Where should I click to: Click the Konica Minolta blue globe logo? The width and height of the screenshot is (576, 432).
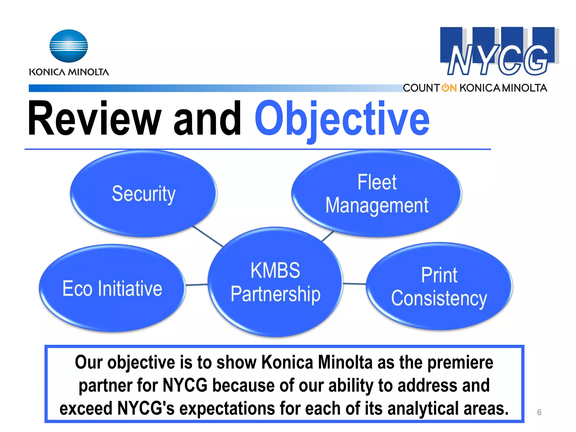pyautogui.click(x=69, y=46)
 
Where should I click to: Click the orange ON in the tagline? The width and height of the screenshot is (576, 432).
pyautogui.click(x=449, y=88)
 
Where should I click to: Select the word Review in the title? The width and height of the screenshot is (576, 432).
pyautogui.click(x=94, y=119)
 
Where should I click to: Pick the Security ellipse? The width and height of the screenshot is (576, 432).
pyautogui.click(x=143, y=193)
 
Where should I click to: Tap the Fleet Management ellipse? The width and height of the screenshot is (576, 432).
pyautogui.click(x=377, y=193)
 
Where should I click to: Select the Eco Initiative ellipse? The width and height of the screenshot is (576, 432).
pyautogui.click(x=112, y=288)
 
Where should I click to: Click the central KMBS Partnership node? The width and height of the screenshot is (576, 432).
pyautogui.click(x=275, y=282)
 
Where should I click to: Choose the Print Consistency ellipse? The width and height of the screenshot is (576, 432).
pyautogui.click(x=439, y=286)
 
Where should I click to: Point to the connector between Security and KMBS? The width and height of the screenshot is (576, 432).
pyautogui.click(x=208, y=236)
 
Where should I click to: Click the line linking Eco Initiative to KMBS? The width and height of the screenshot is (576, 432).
pyautogui.click(x=197, y=285)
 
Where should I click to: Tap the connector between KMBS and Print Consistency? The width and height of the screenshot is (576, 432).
pyautogui.click(x=354, y=284)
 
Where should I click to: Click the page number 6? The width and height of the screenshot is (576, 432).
pyautogui.click(x=539, y=412)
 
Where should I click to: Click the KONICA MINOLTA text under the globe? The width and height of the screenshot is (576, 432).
pyautogui.click(x=69, y=72)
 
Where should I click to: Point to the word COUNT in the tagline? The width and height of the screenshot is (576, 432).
pyautogui.click(x=421, y=88)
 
